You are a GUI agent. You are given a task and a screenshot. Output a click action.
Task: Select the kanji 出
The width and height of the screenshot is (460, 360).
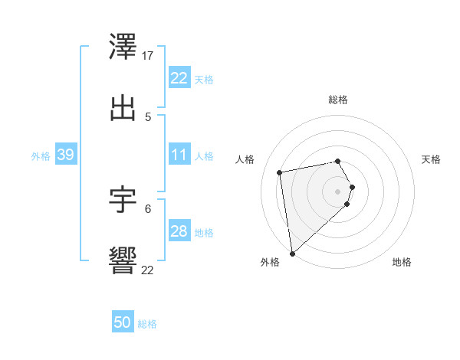click(123, 108)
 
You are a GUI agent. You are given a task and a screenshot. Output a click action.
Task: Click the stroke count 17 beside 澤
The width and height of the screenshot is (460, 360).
click(148, 56)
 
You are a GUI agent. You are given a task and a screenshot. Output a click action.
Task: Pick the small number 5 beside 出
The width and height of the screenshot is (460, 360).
click(148, 117)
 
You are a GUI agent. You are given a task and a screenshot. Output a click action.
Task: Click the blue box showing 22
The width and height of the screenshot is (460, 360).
click(179, 78)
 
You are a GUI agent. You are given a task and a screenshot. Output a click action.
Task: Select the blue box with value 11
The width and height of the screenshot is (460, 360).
click(179, 155)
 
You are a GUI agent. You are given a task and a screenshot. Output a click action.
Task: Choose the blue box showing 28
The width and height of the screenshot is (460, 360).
click(179, 231)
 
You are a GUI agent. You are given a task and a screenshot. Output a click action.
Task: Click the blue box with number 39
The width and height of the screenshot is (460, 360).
click(65, 155)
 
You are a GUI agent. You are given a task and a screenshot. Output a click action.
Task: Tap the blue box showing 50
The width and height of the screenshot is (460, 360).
click(122, 322)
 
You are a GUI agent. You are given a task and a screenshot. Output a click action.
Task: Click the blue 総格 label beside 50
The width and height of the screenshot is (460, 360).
click(147, 324)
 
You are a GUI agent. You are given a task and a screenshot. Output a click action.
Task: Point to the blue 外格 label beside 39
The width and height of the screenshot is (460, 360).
click(41, 156)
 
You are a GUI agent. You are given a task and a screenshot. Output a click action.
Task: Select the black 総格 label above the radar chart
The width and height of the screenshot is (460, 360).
click(338, 100)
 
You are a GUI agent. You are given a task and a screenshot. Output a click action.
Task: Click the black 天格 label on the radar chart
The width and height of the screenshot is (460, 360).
click(432, 159)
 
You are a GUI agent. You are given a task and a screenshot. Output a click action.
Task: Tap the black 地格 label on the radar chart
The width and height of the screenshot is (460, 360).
click(402, 262)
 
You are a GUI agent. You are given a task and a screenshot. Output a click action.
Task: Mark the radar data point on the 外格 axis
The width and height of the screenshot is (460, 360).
click(292, 253)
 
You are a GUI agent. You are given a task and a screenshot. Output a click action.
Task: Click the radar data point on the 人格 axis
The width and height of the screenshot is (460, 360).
click(280, 172)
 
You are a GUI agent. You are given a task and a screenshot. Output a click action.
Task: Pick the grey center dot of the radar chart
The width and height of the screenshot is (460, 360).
click(338, 190)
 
